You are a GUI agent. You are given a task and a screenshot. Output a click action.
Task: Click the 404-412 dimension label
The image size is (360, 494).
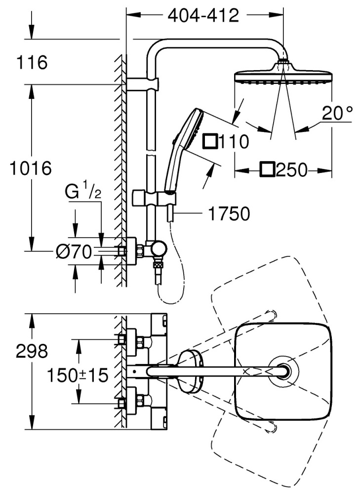coord(203,16)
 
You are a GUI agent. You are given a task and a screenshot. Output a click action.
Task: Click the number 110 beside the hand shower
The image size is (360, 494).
coord(233,142)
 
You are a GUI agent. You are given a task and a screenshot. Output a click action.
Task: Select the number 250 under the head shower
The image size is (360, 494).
coord(292,171)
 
